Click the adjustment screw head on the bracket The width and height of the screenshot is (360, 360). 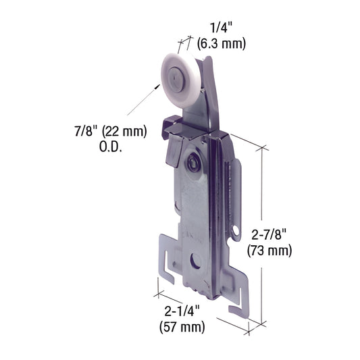pyautogui.click(x=192, y=162)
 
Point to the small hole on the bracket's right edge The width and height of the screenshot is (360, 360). pyautogui.click(x=236, y=233)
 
